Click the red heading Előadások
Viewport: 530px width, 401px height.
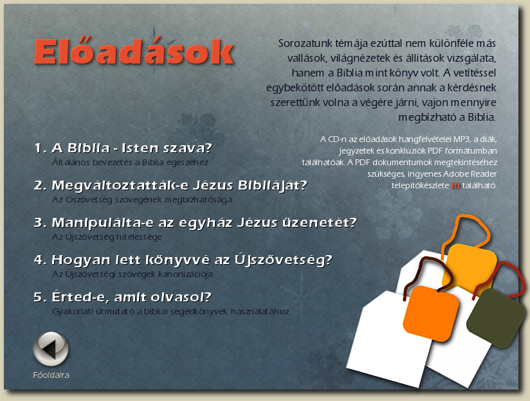(x=134, y=51)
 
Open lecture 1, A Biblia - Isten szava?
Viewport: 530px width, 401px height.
(x=123, y=148)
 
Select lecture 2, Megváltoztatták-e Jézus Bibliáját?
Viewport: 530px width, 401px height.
(x=170, y=185)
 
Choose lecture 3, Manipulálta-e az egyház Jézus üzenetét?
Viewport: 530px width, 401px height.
(x=196, y=222)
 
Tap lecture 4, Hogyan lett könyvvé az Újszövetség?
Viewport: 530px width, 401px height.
(x=183, y=260)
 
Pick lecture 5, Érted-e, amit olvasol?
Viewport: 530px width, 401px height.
(x=122, y=297)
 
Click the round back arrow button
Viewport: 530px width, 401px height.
(x=51, y=349)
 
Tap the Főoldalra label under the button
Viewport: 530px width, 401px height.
(x=51, y=375)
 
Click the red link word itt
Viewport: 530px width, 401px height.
(x=455, y=186)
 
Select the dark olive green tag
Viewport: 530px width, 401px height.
(x=497, y=318)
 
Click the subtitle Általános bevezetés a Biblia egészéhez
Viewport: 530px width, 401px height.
(x=130, y=163)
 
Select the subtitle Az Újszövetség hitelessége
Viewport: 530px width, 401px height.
(x=107, y=237)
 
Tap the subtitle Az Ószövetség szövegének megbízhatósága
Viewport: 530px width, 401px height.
(x=142, y=200)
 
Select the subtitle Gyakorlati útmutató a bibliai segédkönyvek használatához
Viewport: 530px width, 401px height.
(x=170, y=312)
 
